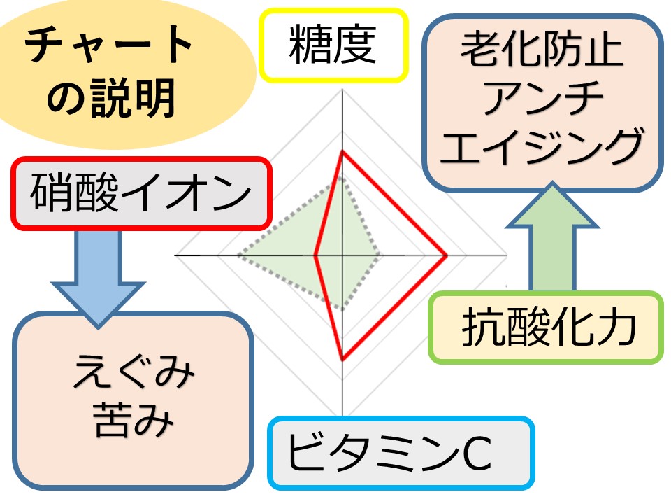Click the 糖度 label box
(333, 45)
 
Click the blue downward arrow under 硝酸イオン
(99, 276)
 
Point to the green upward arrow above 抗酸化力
(552, 238)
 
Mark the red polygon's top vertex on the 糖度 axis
(342, 151)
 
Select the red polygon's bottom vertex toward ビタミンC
(342, 359)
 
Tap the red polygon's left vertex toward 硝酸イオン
(315, 255)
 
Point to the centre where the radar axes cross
(342, 255)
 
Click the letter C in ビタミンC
(477, 454)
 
